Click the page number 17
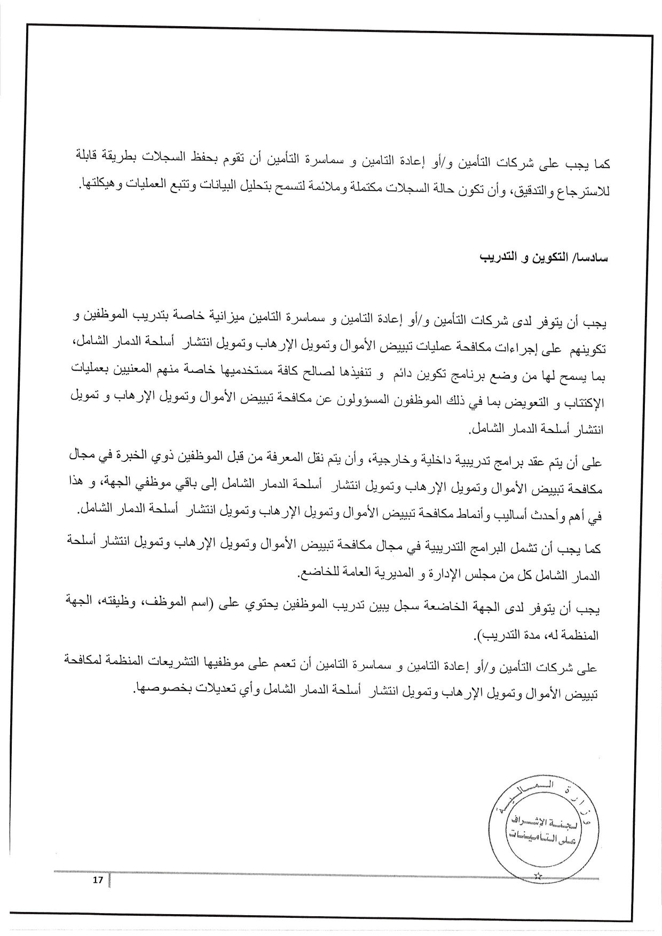pyautogui.click(x=97, y=880)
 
